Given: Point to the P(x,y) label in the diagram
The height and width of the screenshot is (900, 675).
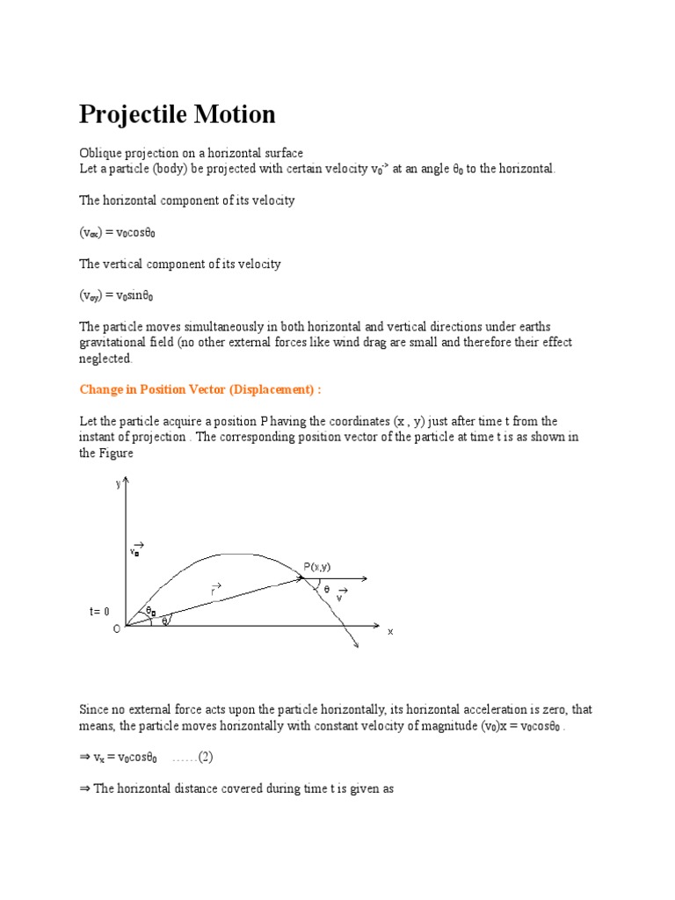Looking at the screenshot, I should point(317,567).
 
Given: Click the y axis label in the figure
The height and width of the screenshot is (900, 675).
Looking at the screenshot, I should point(119,483).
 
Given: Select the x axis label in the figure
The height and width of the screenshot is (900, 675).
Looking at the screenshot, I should point(390,631).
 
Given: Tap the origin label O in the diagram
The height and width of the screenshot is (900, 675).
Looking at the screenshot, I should point(116,629).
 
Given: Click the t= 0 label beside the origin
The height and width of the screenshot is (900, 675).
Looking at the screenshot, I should point(99,611).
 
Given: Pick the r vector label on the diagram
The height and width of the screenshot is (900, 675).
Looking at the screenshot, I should point(214,590).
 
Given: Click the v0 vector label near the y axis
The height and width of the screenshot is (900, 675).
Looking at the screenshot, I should point(136,549).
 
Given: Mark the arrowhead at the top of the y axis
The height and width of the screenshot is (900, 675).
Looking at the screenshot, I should point(128,480).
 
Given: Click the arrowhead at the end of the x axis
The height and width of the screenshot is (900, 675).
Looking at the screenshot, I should point(376,627).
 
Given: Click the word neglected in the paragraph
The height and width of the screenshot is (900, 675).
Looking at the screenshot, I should point(105,359).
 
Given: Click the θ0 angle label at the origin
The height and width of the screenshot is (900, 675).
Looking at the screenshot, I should point(150,610).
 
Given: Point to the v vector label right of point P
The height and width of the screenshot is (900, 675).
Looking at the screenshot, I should point(341,595).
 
